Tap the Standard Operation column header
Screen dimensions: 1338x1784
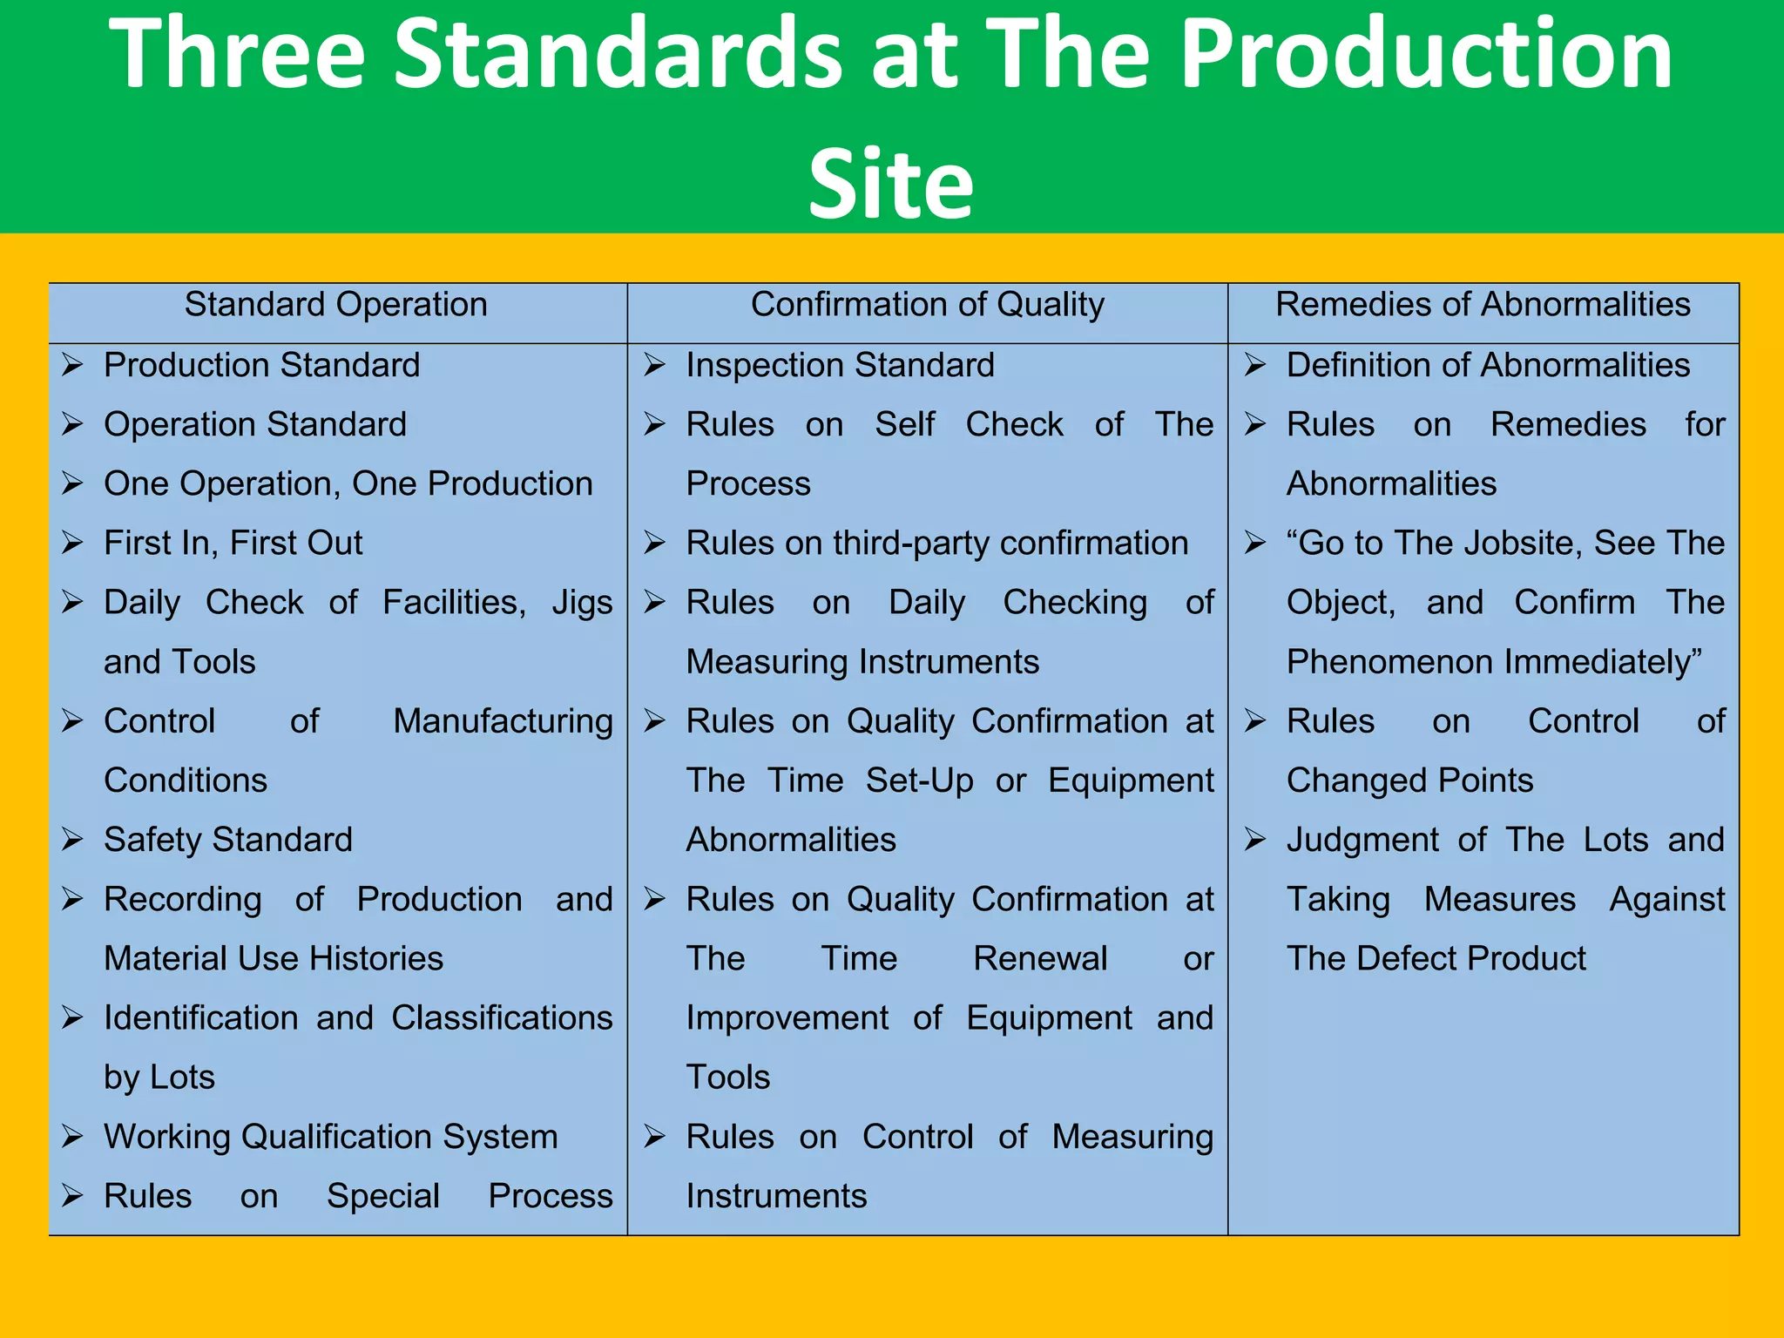[x=335, y=305]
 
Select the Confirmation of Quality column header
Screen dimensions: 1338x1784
[x=927, y=305]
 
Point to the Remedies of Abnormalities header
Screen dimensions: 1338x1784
[x=1483, y=305]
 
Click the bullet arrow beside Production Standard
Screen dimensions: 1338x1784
[x=72, y=365]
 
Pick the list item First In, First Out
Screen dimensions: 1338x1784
[x=233, y=543]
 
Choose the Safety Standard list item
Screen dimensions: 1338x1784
[x=228, y=840]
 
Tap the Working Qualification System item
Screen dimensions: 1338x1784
[x=330, y=1137]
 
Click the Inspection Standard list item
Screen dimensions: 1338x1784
[x=840, y=365]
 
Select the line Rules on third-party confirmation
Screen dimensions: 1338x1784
[x=936, y=543]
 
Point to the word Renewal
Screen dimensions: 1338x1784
[x=1039, y=959]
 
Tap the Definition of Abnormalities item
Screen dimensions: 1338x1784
[x=1488, y=365]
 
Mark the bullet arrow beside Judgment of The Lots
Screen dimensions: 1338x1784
[x=1255, y=840]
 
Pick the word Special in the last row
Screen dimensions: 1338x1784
[x=382, y=1197]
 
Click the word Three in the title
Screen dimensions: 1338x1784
[x=237, y=54]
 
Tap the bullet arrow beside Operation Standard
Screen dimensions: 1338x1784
[x=72, y=424]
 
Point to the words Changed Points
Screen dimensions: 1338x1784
[x=1409, y=780]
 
